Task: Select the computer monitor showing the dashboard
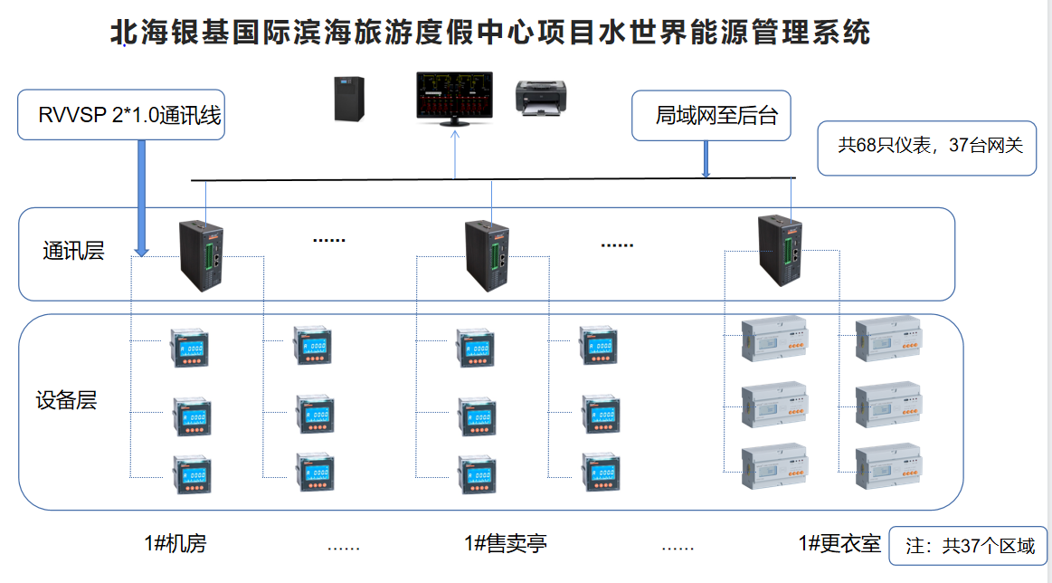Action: tap(454, 96)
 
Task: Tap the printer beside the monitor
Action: tap(541, 97)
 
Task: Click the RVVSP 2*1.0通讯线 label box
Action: tap(121, 115)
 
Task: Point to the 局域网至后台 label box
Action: tap(711, 115)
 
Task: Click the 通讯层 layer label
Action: tap(73, 252)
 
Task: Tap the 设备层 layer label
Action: tap(66, 400)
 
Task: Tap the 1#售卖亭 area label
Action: tap(506, 544)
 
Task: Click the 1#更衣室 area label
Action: tap(839, 544)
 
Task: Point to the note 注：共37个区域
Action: tap(969, 547)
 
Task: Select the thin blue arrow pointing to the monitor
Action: tap(455, 154)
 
